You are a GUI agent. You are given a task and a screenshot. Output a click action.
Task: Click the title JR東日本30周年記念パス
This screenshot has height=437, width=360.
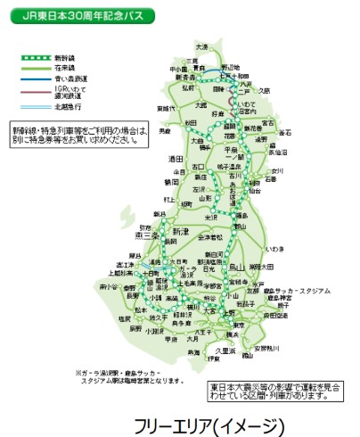[x=79, y=16]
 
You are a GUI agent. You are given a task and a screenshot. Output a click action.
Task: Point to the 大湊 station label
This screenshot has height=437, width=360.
[x=202, y=46]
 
